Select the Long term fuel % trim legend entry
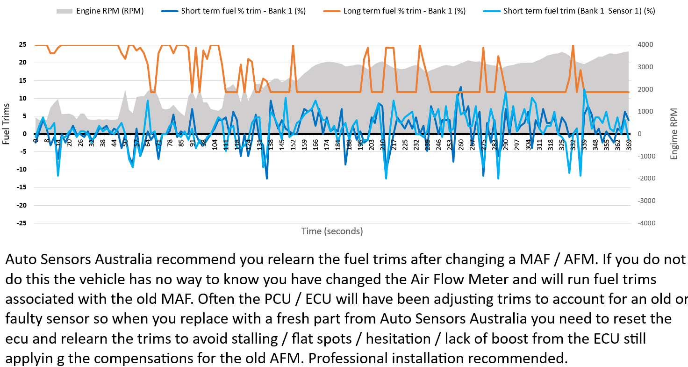click(x=404, y=11)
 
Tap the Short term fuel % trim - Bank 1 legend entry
click(x=243, y=11)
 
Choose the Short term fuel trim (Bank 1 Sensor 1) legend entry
click(x=579, y=11)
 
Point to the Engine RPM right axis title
click(x=674, y=134)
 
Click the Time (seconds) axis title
click(x=332, y=231)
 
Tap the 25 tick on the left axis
click(x=22, y=45)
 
